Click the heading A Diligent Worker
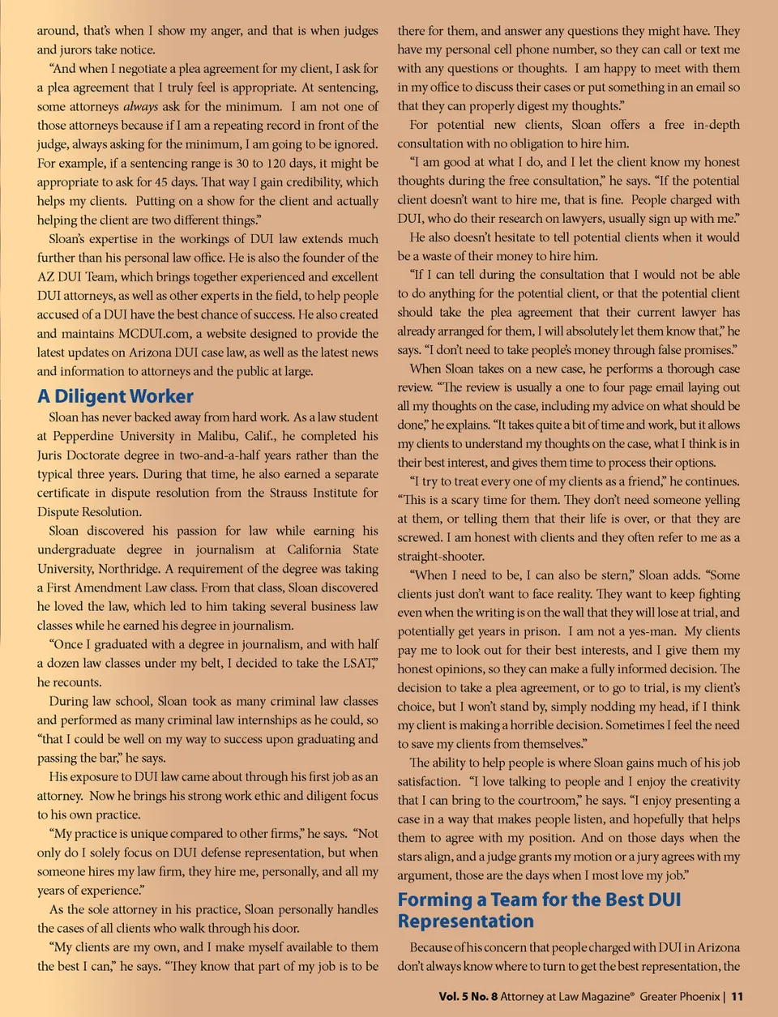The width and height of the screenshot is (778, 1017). (x=115, y=396)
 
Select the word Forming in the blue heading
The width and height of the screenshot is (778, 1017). (x=434, y=899)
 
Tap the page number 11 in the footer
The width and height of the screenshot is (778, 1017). (x=737, y=996)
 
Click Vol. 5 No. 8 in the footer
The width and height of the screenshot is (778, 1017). (x=468, y=996)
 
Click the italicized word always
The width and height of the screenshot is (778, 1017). (x=140, y=106)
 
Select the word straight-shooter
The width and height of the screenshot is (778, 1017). (x=440, y=557)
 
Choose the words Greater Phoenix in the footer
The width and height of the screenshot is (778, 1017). (x=679, y=996)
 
